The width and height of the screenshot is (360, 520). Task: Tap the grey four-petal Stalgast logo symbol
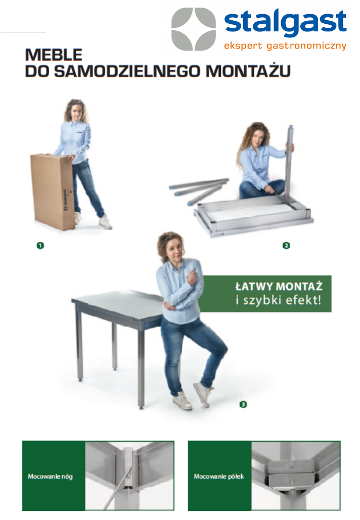pyautogui.click(x=194, y=29)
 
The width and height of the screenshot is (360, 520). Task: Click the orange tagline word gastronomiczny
pyautogui.click(x=306, y=46)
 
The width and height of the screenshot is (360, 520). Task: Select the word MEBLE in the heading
pyautogui.click(x=54, y=55)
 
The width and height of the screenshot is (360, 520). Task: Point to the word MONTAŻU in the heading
pyautogui.click(x=248, y=70)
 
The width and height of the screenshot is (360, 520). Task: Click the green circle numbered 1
pyautogui.click(x=40, y=246)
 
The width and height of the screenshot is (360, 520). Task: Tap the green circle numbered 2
pyautogui.click(x=286, y=246)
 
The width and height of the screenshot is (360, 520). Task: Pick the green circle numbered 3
pyautogui.click(x=243, y=404)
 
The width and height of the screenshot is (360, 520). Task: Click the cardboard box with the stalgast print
pyautogui.click(x=53, y=192)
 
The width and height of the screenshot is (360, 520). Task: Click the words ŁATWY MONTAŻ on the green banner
pyautogui.click(x=279, y=287)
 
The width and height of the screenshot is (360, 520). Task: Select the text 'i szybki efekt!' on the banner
pyautogui.click(x=278, y=300)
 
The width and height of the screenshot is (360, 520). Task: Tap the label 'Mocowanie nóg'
pyautogui.click(x=50, y=477)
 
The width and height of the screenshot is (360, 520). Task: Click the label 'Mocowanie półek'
pyautogui.click(x=219, y=477)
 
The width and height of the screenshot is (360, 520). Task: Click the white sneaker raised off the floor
pyautogui.click(x=202, y=394)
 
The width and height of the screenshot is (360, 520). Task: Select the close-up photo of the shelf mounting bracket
pyautogui.click(x=296, y=476)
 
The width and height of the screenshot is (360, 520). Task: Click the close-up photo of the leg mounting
pyautogui.click(x=129, y=476)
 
